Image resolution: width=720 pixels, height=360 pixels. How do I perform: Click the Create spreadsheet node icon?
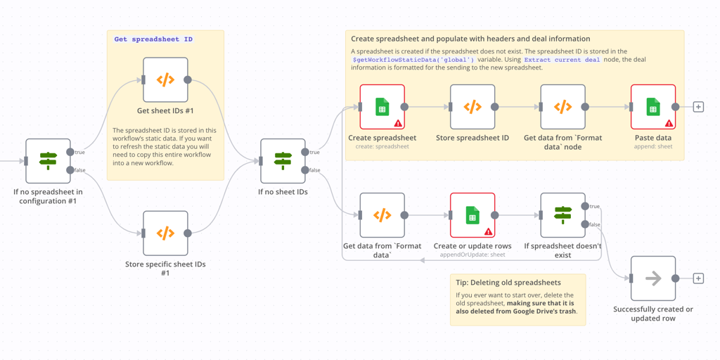click(382, 107)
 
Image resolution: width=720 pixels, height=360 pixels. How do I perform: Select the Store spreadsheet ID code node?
click(472, 107)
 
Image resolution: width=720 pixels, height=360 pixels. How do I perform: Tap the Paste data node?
click(653, 107)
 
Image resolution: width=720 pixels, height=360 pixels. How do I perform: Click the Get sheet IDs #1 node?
click(165, 80)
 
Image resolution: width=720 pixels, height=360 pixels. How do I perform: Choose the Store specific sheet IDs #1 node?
click(165, 233)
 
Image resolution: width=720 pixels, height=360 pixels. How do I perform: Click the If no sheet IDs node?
click(283, 161)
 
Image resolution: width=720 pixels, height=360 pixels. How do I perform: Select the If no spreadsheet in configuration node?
click(48, 161)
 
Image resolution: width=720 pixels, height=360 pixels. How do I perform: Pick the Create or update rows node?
click(472, 215)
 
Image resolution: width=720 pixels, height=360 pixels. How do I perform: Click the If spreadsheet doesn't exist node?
click(562, 215)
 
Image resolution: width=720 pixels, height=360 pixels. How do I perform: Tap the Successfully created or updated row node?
click(653, 278)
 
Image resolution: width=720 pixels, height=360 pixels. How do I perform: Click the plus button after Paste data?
click(698, 107)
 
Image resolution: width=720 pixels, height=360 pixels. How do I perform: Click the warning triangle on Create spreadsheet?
click(398, 123)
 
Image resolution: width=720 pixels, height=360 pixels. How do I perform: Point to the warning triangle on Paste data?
click(669, 123)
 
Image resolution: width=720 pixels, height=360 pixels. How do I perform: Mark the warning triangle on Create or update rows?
click(488, 231)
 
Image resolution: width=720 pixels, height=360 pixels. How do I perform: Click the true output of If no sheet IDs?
click(305, 152)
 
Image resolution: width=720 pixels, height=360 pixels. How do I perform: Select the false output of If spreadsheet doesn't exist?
click(585, 224)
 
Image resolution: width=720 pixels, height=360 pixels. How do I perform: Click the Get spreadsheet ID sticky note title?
click(153, 39)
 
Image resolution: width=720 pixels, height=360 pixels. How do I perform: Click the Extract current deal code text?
click(562, 60)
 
